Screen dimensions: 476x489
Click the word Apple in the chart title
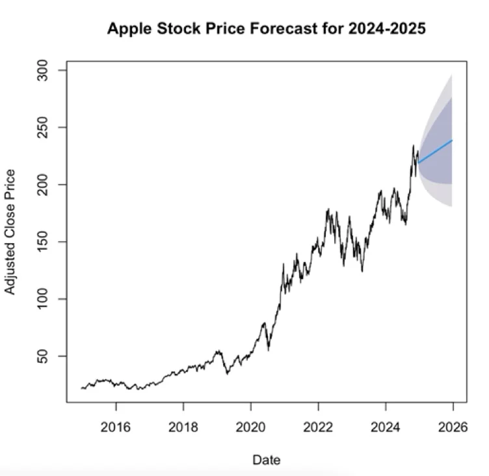click(x=129, y=29)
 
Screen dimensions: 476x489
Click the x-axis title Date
click(x=267, y=460)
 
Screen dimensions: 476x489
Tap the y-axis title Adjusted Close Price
click(x=10, y=232)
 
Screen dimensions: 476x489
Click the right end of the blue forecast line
click(x=452, y=140)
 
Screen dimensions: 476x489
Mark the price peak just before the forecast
click(x=413, y=146)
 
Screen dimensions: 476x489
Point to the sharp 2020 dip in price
click(x=269, y=349)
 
